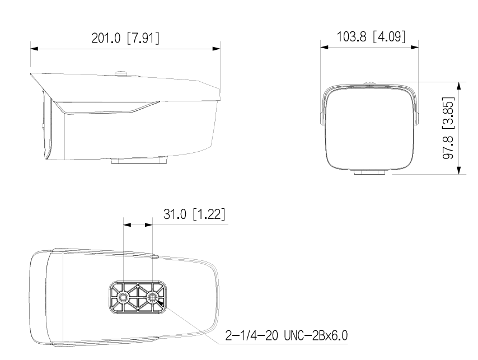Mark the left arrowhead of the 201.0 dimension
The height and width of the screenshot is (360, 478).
34,49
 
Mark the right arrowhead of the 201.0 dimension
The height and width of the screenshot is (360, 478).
216,49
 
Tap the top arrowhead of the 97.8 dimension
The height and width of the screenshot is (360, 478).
459,86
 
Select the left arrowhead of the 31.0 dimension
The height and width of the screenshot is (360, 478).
126,225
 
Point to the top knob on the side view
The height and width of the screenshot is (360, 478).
121,72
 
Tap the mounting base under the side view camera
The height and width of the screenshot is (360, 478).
139,161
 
